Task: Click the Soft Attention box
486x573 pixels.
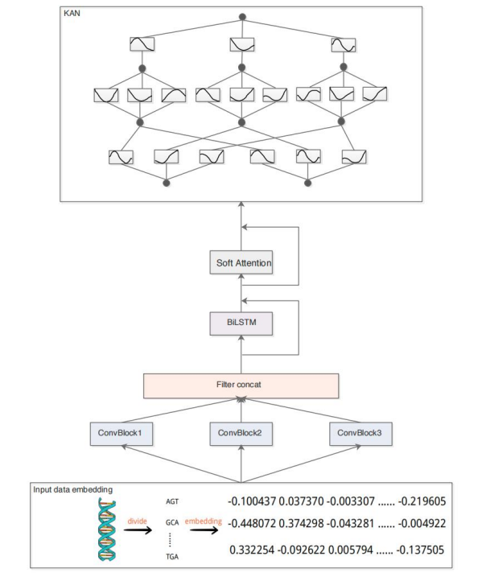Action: click(243, 262)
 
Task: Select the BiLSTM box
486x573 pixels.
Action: click(243, 324)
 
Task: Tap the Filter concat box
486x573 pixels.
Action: click(243, 385)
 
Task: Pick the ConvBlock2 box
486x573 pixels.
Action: click(242, 434)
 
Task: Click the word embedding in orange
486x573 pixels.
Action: click(204, 521)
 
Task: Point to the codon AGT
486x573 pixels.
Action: click(171, 500)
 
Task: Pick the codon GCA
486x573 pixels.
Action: click(171, 523)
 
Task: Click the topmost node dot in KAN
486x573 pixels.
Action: click(242, 17)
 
